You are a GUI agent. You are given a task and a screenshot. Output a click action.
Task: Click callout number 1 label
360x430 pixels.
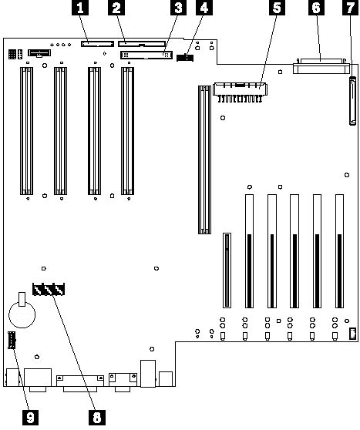point(80,8)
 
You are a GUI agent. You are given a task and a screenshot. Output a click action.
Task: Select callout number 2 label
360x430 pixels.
point(116,8)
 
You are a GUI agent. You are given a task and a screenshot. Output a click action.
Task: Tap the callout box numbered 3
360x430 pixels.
point(178,8)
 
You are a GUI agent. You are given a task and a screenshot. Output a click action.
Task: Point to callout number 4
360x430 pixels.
point(204,8)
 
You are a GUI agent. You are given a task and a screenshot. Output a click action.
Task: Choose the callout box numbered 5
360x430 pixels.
point(277,8)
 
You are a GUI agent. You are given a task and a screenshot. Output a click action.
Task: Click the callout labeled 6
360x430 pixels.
point(316,8)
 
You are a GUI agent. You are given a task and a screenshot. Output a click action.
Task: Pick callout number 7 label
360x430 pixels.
point(351,8)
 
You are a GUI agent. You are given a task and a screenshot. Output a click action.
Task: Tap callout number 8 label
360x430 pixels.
point(97,418)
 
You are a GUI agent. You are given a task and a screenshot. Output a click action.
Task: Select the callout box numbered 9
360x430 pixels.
point(30,418)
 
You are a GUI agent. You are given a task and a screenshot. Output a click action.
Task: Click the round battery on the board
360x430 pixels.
point(22,314)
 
